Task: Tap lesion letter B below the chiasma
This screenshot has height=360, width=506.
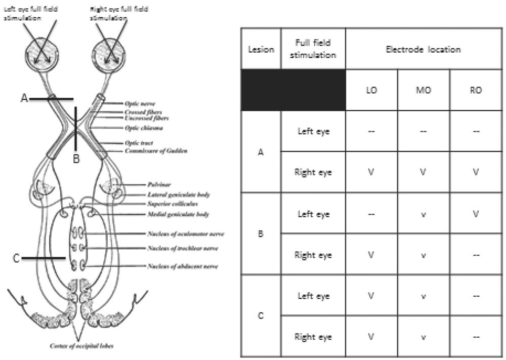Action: pos(76,159)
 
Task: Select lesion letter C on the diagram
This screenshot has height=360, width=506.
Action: pos(16,258)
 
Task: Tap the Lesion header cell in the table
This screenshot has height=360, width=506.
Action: pos(261,50)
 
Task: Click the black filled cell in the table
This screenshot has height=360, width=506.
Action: pos(293,90)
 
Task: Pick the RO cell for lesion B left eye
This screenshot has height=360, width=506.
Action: pos(475,214)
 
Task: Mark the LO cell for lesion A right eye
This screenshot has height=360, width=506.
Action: pos(371,172)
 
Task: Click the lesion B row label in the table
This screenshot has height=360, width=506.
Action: pos(261,234)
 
